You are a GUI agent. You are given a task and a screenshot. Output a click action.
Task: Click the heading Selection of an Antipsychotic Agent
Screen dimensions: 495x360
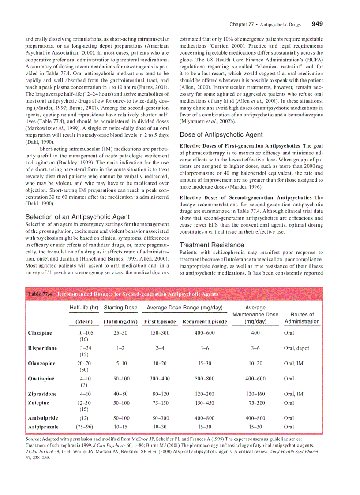pyautogui.click(x=77, y=217)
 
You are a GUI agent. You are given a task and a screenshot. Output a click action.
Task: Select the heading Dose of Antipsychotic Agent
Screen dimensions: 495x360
pyautogui.click(x=221, y=135)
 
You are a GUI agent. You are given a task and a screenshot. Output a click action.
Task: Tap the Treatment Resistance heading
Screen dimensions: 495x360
pyautogui.click(x=211, y=245)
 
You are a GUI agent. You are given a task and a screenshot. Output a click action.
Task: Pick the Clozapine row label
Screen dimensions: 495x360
pyautogui.click(x=40, y=333)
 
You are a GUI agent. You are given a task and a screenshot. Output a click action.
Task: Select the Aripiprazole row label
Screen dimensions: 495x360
pyautogui.click(x=43, y=427)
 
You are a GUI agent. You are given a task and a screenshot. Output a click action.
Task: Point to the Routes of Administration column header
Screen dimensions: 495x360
pyautogui.click(x=302, y=318)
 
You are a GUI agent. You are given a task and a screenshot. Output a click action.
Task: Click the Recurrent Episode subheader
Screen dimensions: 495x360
pyautogui.click(x=205, y=322)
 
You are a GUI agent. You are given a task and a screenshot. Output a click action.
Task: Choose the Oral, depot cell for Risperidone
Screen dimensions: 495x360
pyautogui.click(x=296, y=348)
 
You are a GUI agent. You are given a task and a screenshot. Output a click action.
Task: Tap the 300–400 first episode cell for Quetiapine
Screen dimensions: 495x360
pyautogui.click(x=160, y=379)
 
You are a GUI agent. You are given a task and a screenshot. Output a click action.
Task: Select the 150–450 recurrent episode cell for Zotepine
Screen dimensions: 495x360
pyautogui.click(x=205, y=403)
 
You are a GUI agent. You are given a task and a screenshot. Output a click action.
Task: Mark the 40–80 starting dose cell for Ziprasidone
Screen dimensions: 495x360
pyautogui.click(x=120, y=394)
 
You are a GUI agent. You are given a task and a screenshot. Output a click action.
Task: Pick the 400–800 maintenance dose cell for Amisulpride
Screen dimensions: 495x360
pyautogui.click(x=255, y=418)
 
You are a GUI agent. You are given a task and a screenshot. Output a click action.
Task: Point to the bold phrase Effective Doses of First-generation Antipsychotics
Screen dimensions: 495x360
pyautogui.click(x=240, y=146)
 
